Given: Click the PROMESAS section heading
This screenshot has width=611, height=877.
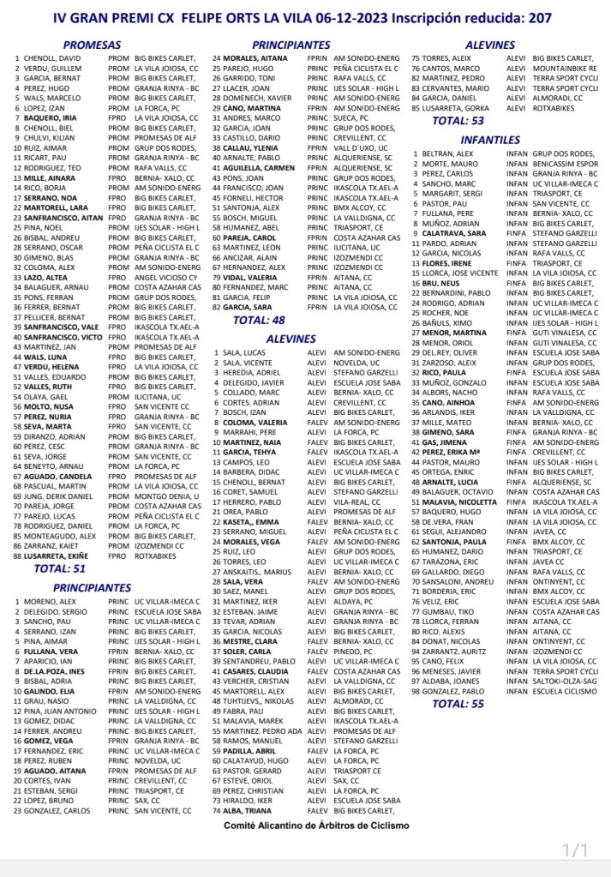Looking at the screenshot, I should pos(95,45).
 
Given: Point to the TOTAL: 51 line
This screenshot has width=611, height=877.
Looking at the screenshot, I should pos(59,568).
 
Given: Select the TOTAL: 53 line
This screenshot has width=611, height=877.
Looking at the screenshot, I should pos(458,122).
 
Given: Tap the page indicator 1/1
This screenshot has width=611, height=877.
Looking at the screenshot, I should pos(575,851).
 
